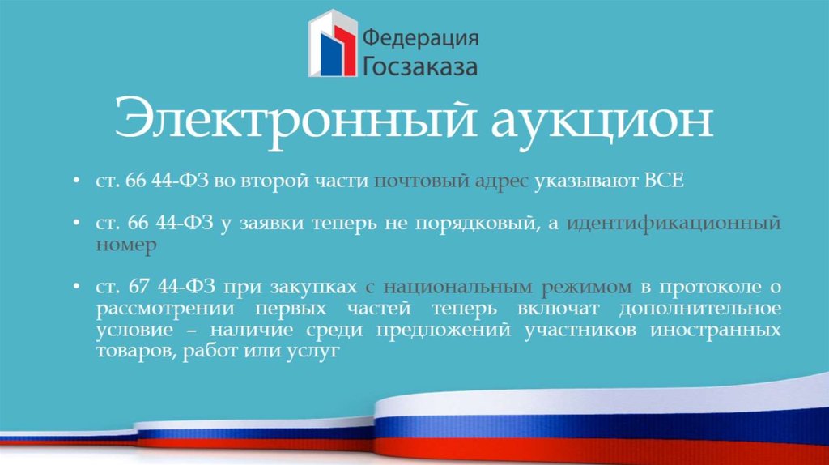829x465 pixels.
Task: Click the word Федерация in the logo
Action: click(419, 37)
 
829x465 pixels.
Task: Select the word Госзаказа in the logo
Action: click(419, 66)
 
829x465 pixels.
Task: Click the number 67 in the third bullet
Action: click(137, 287)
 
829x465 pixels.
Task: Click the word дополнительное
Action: click(701, 309)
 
